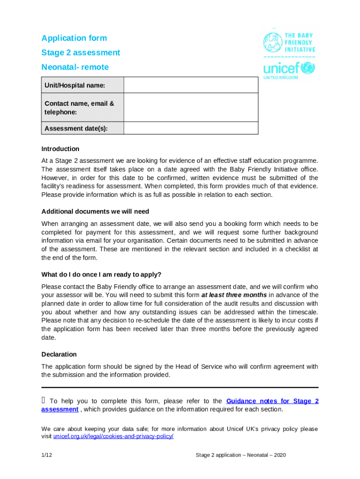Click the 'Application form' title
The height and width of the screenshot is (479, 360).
[74, 38]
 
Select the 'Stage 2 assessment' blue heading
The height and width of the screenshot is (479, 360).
[80, 53]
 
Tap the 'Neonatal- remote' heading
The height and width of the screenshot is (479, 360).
[75, 67]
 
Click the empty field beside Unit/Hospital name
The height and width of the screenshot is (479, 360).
[191, 85]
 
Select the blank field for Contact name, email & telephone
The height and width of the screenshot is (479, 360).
[191, 108]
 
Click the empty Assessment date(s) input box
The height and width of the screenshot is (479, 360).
[191, 129]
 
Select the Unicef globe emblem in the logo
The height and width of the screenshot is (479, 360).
[308, 68]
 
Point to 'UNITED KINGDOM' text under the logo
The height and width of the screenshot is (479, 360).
[281, 78]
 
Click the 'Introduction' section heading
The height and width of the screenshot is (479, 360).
[60, 149]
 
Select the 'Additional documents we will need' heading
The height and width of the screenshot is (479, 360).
[95, 211]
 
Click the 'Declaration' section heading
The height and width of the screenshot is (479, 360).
[59, 354]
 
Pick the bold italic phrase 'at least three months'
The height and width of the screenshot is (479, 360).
[234, 295]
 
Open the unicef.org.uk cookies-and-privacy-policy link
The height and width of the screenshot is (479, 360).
[113, 436]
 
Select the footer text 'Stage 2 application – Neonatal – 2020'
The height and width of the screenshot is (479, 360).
[241, 455]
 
